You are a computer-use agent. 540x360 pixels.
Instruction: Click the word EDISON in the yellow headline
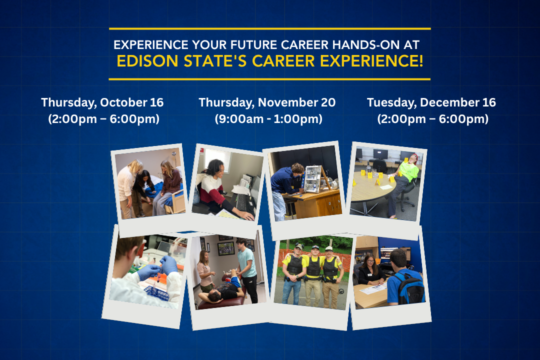[x=147, y=61]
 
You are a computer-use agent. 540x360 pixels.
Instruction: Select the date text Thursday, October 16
[x=102, y=102]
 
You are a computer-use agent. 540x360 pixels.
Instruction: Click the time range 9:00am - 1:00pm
[x=268, y=119]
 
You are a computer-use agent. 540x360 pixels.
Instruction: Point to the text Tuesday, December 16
[x=431, y=102]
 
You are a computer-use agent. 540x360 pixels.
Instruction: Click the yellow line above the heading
[x=270, y=29]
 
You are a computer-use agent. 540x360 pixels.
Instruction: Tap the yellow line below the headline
[x=269, y=79]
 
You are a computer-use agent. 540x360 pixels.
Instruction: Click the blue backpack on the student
[x=410, y=288]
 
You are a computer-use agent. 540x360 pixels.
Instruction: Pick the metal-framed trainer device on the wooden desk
[x=313, y=179]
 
